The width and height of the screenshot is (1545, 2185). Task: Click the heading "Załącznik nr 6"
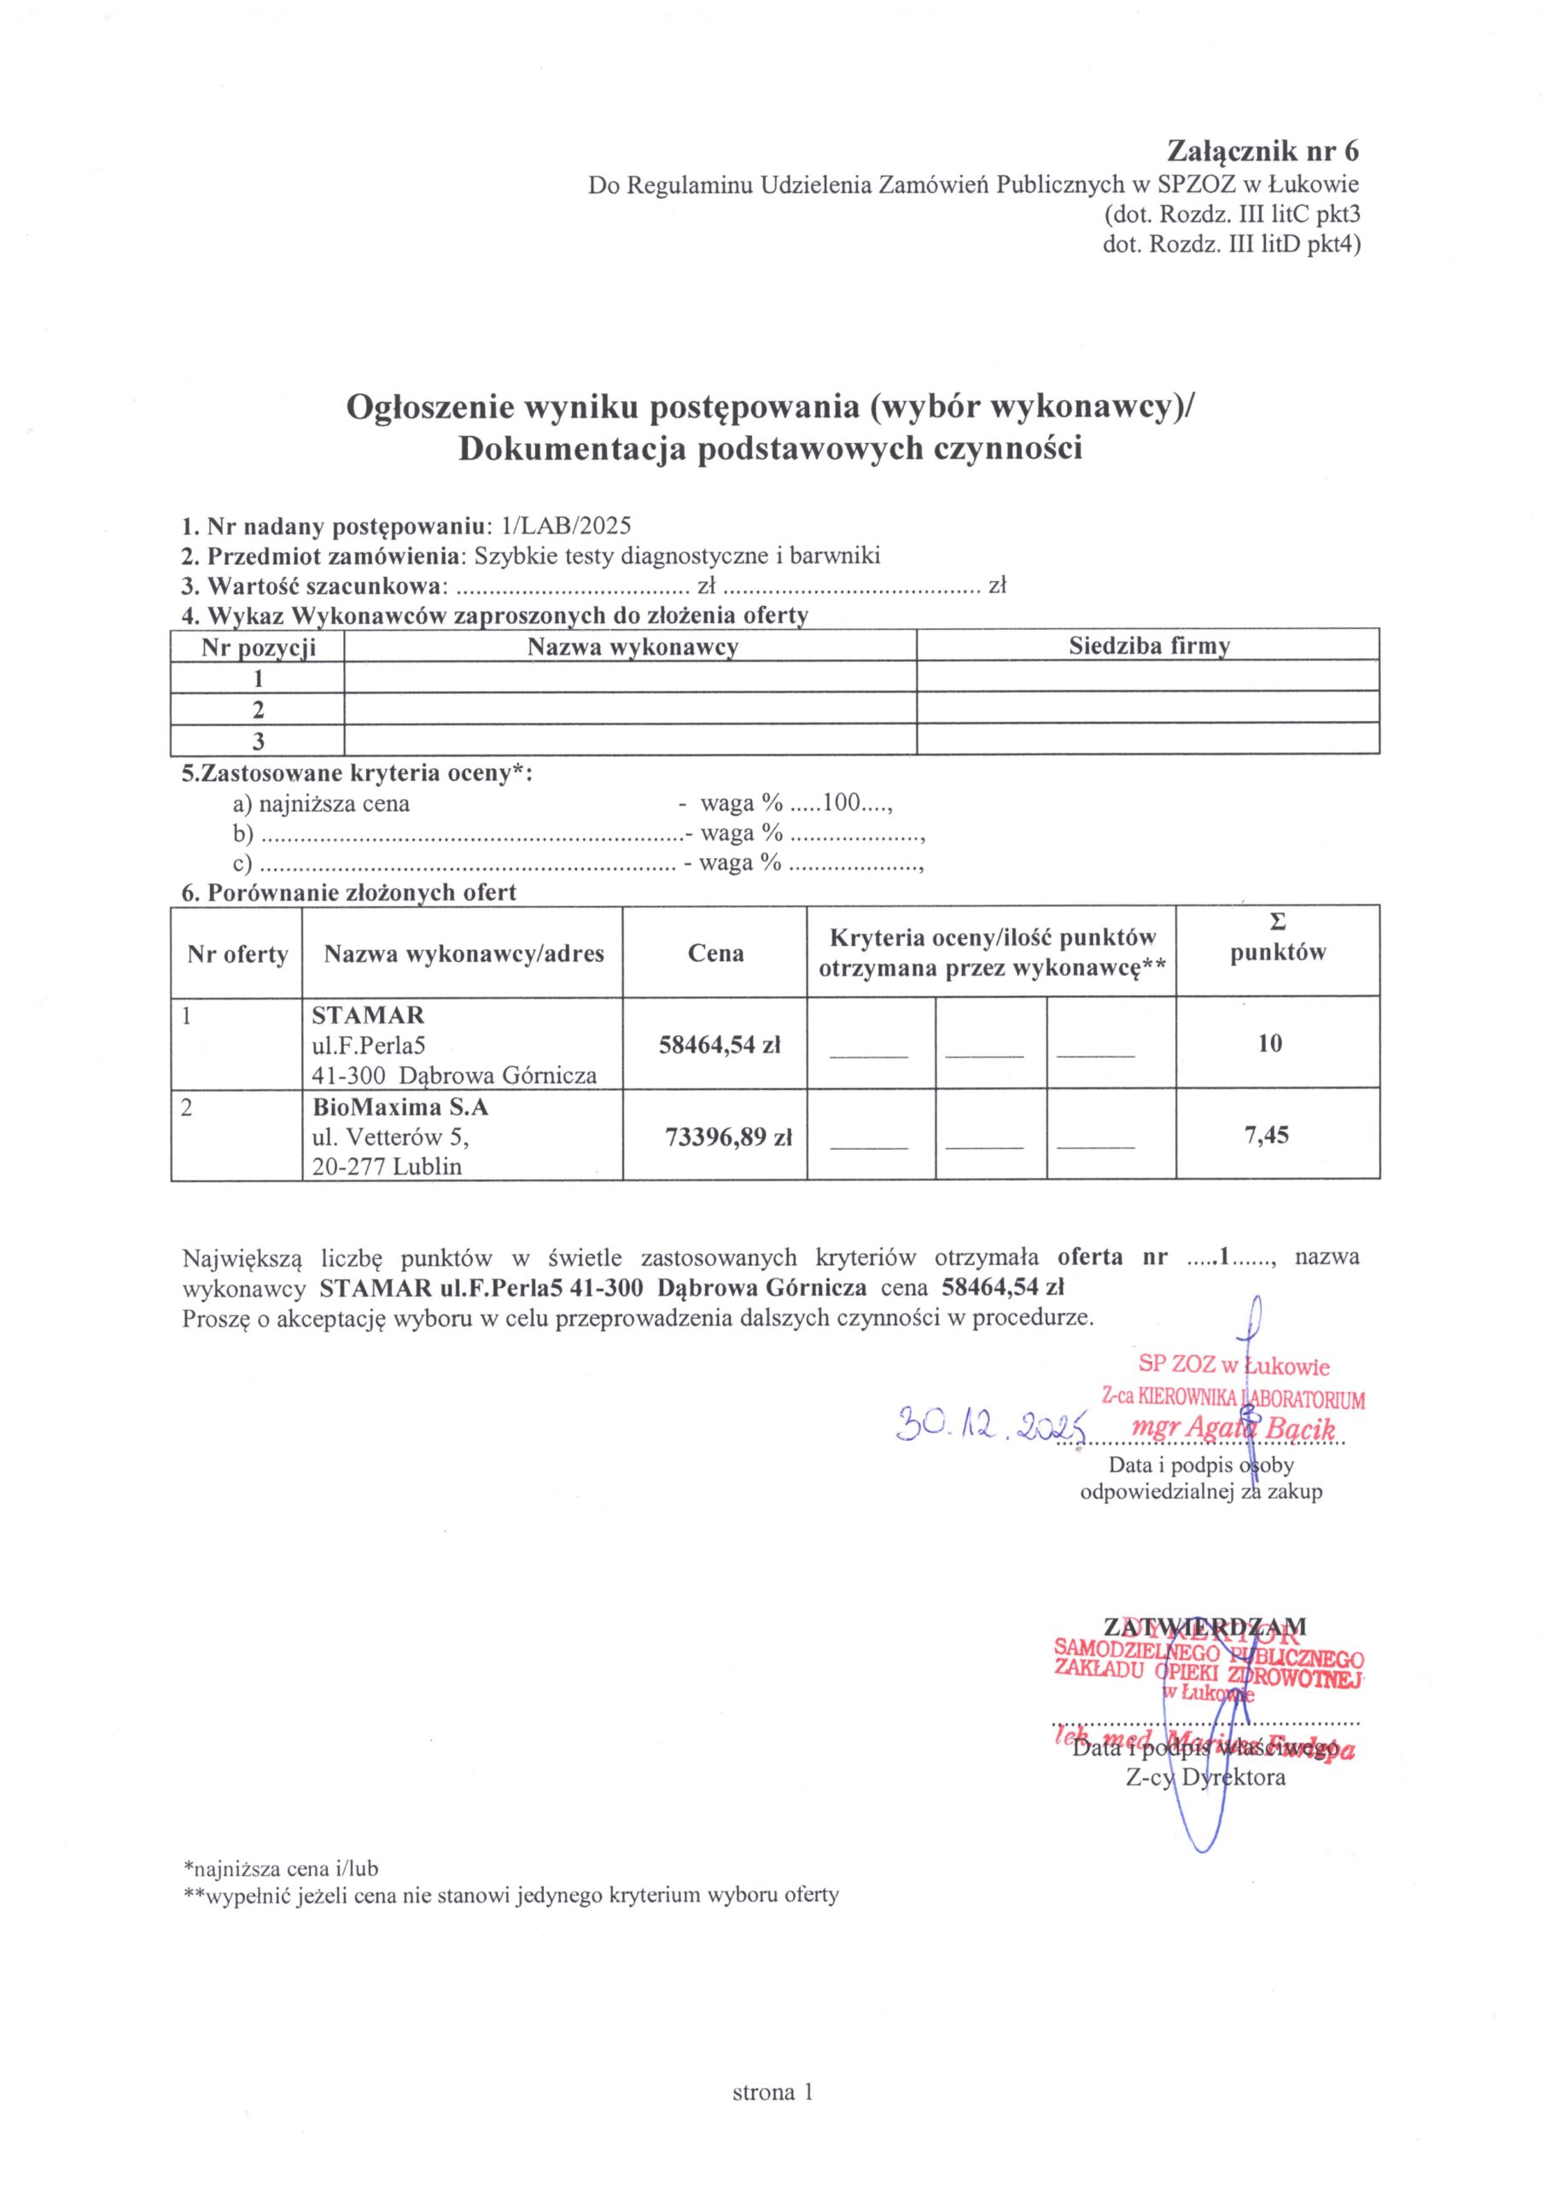point(1263,151)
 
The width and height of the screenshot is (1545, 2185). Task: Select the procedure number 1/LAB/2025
point(565,527)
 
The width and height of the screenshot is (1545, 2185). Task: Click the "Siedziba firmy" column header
point(1148,647)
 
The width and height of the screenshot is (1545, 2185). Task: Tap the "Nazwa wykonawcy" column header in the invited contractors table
point(633,647)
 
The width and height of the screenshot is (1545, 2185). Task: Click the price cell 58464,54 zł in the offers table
point(720,1044)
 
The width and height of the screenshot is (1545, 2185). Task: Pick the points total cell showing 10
point(1269,1043)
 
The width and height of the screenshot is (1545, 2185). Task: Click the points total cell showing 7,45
point(1269,1134)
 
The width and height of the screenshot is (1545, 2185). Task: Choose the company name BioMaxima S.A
point(399,1108)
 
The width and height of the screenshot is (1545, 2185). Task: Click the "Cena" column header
point(716,953)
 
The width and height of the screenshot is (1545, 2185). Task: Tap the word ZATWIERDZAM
point(1204,1627)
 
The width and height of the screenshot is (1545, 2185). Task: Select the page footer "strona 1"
point(773,2092)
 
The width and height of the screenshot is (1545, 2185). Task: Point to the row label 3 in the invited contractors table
point(257,740)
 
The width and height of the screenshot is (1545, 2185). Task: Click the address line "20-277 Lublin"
point(387,1166)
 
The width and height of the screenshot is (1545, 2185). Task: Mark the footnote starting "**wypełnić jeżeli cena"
point(510,1895)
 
